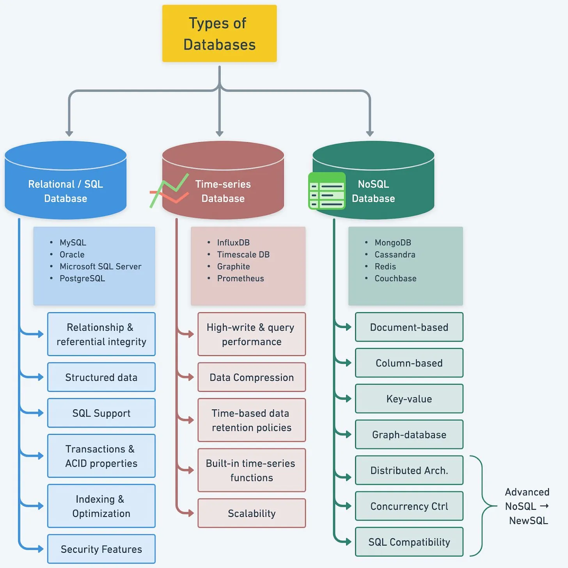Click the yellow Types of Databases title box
[219, 34]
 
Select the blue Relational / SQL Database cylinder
[66, 183]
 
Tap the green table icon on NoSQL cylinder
[327, 191]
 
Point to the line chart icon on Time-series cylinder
[169, 191]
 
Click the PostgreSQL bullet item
[82, 279]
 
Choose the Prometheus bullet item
[240, 279]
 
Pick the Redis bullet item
[385, 266]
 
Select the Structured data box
[101, 377]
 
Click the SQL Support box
[101, 413]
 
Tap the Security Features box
[101, 549]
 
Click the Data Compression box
[252, 377]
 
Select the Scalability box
[252, 513]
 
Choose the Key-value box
[409, 399]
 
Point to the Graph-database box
[409, 435]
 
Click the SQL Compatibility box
[409, 542]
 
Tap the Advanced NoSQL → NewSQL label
[527, 506]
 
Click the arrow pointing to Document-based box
[345, 327]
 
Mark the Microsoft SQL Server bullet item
[100, 266]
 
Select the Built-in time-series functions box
[252, 470]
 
